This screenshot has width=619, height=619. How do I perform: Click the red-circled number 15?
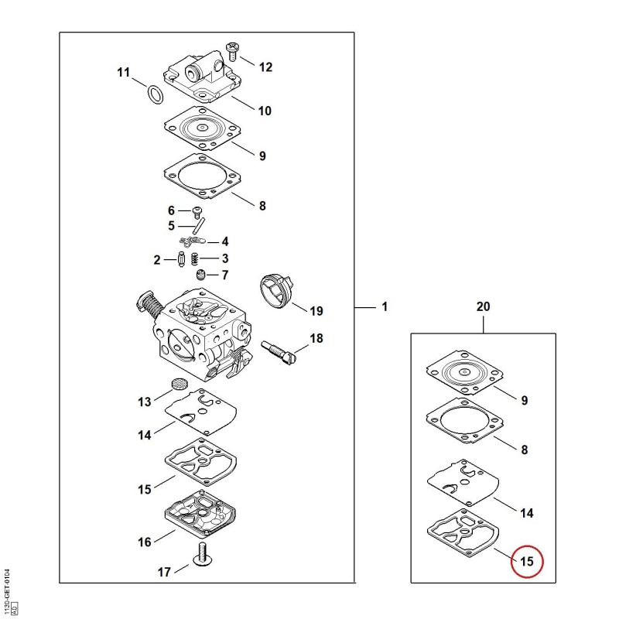[527, 561]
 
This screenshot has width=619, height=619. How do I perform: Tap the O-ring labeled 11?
[156, 94]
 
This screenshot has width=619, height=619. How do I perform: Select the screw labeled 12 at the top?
[231, 52]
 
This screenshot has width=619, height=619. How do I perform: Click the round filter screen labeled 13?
[179, 383]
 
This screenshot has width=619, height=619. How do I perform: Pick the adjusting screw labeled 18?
[279, 351]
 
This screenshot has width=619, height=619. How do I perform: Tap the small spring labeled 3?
[194, 259]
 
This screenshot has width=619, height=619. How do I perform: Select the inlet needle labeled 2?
[182, 259]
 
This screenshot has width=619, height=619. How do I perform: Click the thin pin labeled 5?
[199, 227]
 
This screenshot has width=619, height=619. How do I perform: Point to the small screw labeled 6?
[197, 212]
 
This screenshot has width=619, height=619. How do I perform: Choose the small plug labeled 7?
[201, 275]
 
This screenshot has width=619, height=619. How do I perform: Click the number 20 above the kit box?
[483, 306]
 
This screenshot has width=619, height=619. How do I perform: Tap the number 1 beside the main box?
[385, 306]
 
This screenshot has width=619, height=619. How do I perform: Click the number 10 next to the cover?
[265, 111]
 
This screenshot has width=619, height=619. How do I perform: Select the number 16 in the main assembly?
[145, 542]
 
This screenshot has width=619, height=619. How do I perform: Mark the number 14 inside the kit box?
[527, 513]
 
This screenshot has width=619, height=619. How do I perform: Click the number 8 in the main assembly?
[262, 206]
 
